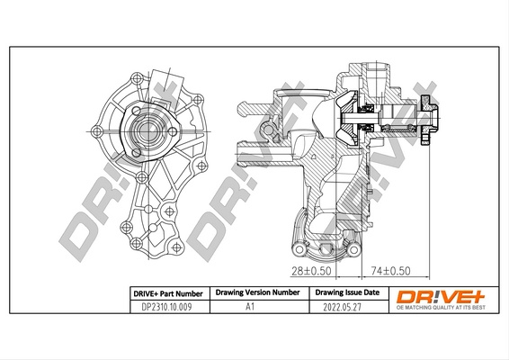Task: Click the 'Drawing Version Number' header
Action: point(256,293)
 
